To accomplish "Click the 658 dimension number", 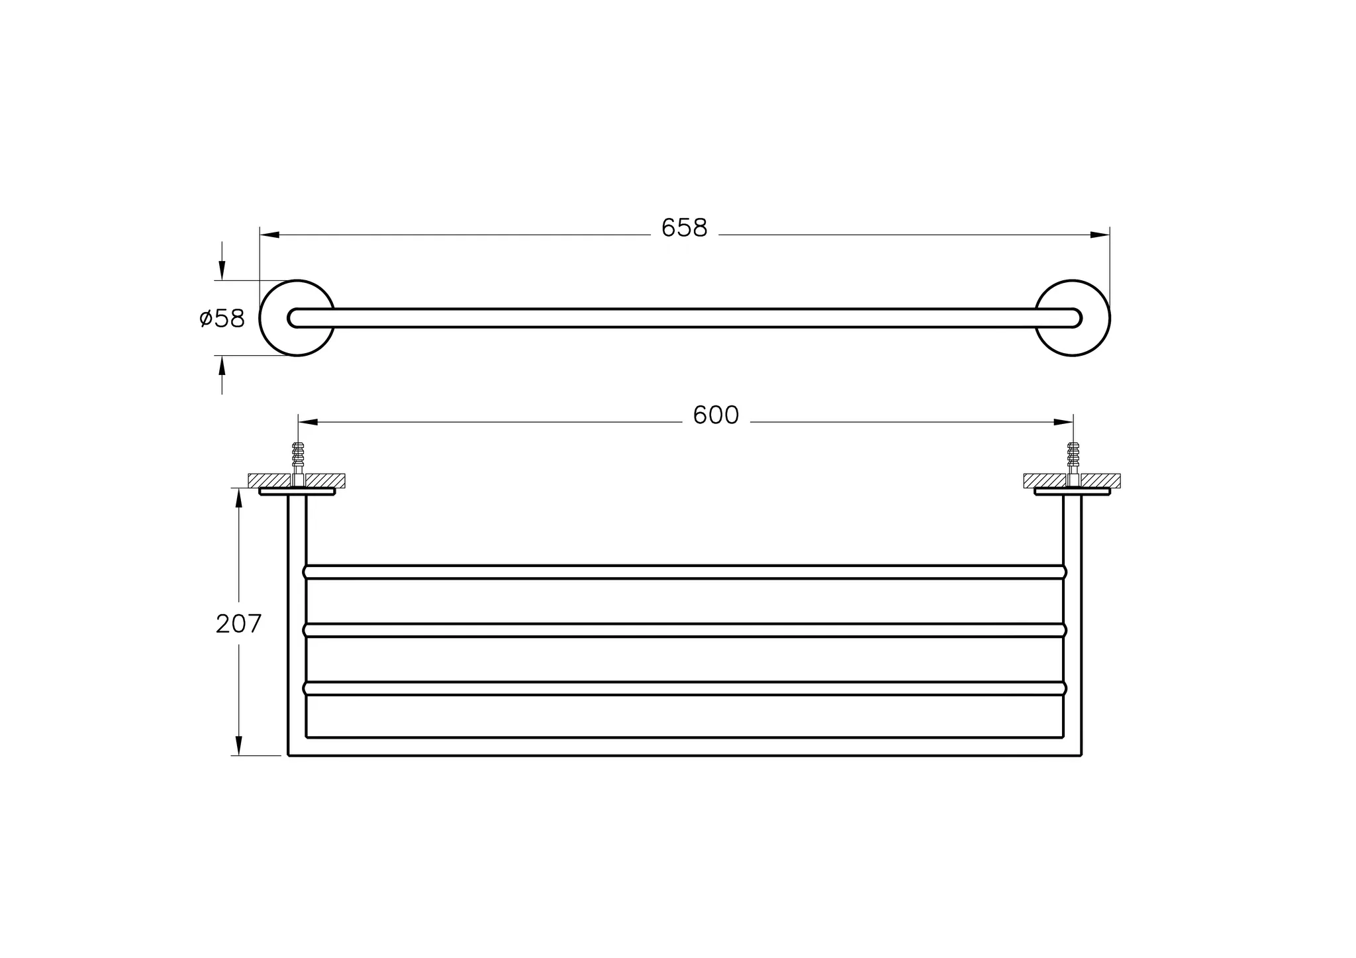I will [x=684, y=229].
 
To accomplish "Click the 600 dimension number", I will [x=715, y=415].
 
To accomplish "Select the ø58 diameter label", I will [x=222, y=319].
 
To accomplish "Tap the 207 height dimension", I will [x=238, y=623].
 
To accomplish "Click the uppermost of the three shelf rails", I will [x=685, y=572].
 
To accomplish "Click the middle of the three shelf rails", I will [x=685, y=630].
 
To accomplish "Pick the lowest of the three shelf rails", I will [x=685, y=688].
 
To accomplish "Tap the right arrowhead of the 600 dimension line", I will [x=1063, y=422].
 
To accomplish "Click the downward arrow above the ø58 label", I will [x=222, y=270].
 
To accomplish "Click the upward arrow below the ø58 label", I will [x=222, y=366].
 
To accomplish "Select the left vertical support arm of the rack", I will [x=297, y=623].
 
